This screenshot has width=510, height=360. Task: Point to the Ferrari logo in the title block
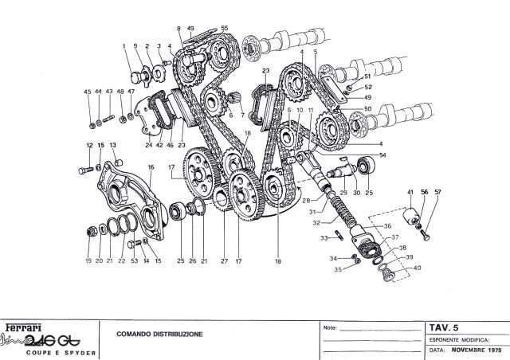pyautogui.click(x=25, y=327)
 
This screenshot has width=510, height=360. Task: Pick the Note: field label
pyautogui.click(x=331, y=327)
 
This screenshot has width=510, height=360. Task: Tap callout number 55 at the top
pyautogui.click(x=224, y=29)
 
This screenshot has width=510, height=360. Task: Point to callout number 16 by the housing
pyautogui.click(x=150, y=166)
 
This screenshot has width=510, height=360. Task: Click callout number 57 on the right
pyautogui.click(x=437, y=193)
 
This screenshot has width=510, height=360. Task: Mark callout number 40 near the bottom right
pyautogui.click(x=416, y=268)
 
